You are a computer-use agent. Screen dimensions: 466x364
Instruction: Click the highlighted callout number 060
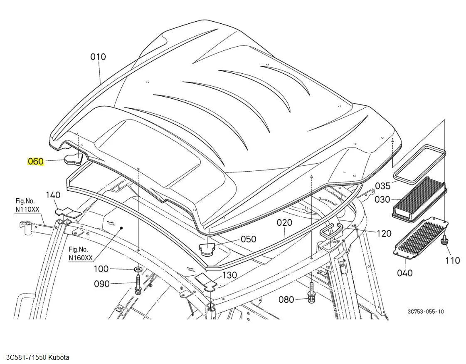35,161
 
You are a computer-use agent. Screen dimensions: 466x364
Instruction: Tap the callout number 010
98,57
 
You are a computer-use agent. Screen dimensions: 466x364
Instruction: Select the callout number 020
284,222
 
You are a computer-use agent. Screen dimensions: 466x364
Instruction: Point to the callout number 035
382,186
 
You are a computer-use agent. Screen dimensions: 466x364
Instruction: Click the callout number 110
453,260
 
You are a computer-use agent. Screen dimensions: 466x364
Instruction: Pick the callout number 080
286,299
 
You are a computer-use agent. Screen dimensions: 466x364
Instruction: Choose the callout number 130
229,275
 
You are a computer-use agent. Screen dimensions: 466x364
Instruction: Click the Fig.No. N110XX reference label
27,205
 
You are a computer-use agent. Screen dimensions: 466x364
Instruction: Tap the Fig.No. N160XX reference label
81,253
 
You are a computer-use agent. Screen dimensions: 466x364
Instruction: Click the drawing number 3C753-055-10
426,312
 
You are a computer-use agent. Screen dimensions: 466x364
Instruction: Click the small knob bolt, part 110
445,239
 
